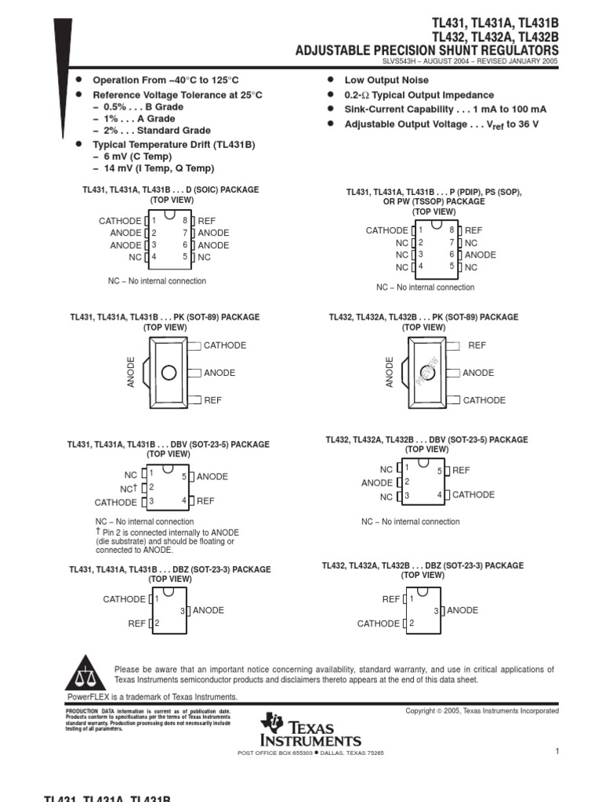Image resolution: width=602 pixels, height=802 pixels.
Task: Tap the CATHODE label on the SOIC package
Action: click(x=120, y=221)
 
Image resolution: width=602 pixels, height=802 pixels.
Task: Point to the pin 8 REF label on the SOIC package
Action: click(x=206, y=221)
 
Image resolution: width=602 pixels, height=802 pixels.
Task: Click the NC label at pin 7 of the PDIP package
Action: click(x=471, y=243)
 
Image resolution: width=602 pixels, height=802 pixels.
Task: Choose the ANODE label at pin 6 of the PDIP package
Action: click(x=481, y=255)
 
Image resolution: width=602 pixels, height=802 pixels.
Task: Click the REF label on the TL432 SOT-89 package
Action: click(x=477, y=345)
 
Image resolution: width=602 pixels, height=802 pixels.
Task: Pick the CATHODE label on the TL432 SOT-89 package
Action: click(x=484, y=400)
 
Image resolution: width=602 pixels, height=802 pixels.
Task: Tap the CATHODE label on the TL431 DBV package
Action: click(x=115, y=503)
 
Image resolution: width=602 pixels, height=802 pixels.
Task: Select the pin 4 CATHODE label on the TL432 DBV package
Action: click(x=473, y=495)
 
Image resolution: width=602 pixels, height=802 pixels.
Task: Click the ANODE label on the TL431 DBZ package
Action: click(x=209, y=610)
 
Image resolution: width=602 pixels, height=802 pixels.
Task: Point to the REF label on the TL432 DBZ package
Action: click(x=391, y=599)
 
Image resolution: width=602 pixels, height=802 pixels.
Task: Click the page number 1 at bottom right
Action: click(x=557, y=752)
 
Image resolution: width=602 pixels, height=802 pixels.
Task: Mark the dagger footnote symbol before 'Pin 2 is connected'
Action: click(x=98, y=532)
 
